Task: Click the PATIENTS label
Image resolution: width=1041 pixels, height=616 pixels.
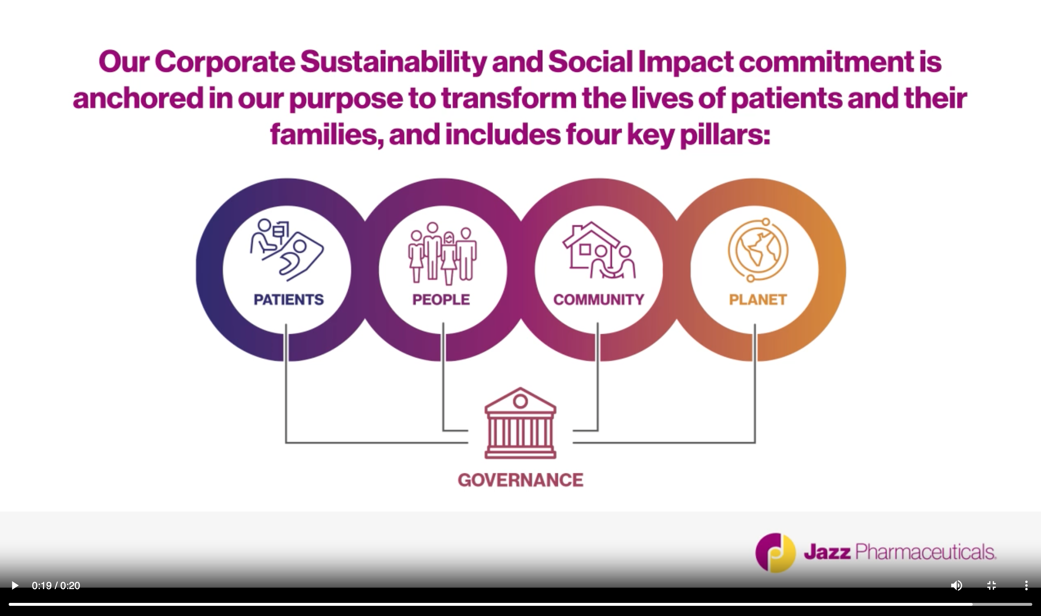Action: [288, 299]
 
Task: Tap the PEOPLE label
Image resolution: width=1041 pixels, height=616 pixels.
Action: [441, 299]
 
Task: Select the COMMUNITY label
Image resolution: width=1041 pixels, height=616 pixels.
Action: [598, 299]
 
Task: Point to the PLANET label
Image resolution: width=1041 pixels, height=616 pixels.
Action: [757, 299]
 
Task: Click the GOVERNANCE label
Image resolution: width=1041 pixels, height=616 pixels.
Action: [520, 480]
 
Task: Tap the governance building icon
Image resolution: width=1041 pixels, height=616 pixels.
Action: [520, 423]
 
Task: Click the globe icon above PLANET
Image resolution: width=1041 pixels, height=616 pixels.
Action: [757, 250]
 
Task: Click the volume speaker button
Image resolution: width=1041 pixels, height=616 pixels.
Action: [956, 585]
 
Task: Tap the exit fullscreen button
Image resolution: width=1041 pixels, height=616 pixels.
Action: [992, 585]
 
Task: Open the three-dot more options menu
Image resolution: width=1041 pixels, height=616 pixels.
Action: [1026, 585]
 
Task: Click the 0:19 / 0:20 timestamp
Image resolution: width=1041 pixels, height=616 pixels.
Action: [56, 586]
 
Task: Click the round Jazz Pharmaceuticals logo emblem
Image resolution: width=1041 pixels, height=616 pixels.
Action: [775, 552]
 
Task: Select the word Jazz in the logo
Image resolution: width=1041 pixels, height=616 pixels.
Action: [827, 552]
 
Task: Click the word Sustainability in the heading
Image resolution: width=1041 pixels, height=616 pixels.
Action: [393, 62]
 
